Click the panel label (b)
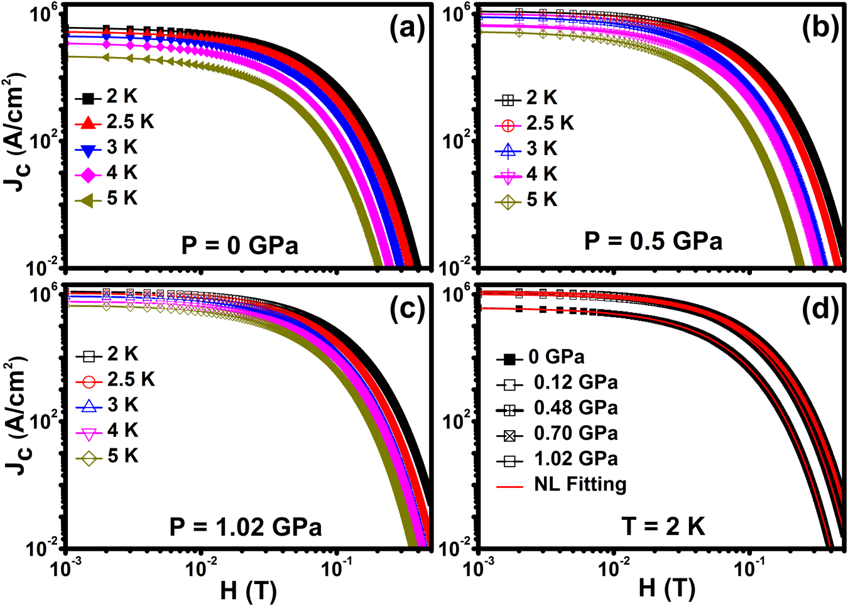820,30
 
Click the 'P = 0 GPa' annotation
239,245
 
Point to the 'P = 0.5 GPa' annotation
653,241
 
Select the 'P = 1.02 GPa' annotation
246,526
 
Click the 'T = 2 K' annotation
663,526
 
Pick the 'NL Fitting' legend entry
580,484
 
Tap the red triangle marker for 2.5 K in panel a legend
89,122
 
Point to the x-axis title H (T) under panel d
666,588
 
